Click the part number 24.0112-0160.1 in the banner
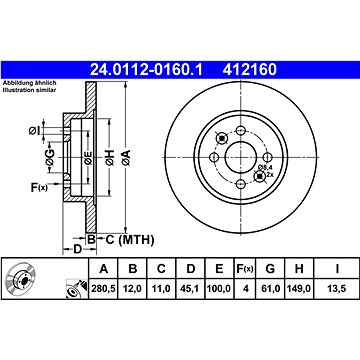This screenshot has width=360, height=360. tap(146, 70)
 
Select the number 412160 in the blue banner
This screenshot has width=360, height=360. tap(250, 70)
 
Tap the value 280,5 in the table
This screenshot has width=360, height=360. tap(103, 288)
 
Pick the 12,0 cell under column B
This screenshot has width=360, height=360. tap(133, 288)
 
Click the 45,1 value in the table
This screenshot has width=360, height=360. tap(190, 288)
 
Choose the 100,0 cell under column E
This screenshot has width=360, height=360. tap(219, 288)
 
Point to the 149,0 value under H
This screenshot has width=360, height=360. tap(299, 288)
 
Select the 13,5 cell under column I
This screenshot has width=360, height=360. tap(337, 288)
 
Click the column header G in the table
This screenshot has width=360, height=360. tap(270, 268)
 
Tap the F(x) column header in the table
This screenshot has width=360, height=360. tap(245, 268)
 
